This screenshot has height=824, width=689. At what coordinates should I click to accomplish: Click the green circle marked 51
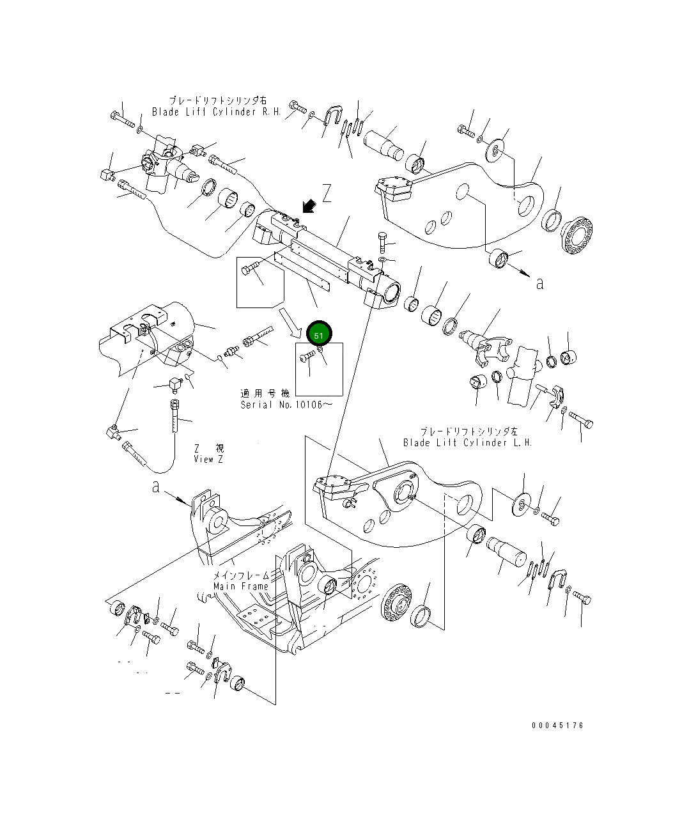[x=319, y=334]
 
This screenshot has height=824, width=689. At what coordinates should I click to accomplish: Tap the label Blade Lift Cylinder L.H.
[x=467, y=442]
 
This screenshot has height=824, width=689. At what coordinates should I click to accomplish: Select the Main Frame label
[x=240, y=586]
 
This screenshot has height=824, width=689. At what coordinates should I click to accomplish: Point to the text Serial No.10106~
[x=286, y=405]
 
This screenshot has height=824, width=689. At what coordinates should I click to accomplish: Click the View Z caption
[x=208, y=459]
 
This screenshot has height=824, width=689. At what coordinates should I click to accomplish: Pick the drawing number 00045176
[x=557, y=726]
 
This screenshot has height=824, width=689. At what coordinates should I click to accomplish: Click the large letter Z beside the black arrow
[x=327, y=194]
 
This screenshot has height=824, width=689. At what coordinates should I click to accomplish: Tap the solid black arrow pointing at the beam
[x=309, y=205]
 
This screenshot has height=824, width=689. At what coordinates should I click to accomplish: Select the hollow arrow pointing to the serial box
[x=290, y=322]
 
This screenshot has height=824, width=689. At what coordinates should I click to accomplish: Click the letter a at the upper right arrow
[x=539, y=283]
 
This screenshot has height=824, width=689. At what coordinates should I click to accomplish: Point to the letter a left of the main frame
[x=155, y=487]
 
